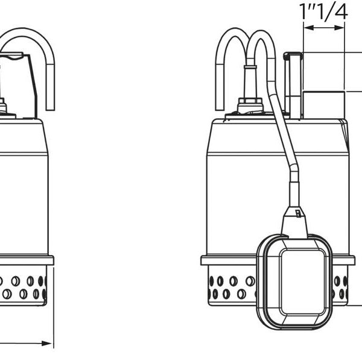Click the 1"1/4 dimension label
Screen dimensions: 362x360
pyautogui.click(x=323, y=12)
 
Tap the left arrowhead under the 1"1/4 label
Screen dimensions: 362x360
pyautogui.click(x=309, y=28)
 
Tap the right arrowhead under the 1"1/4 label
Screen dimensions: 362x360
pyautogui.click(x=339, y=28)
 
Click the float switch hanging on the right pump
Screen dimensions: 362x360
pyautogui.click(x=295, y=282)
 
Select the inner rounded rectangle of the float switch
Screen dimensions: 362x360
pyautogui.click(x=302, y=282)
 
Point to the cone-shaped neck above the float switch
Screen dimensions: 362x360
pyautogui.click(x=294, y=223)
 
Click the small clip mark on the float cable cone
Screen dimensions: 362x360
pyautogui.click(x=298, y=213)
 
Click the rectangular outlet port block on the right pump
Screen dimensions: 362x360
pyautogui.click(x=323, y=105)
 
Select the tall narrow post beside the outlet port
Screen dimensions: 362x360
pyautogui.click(x=293, y=86)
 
